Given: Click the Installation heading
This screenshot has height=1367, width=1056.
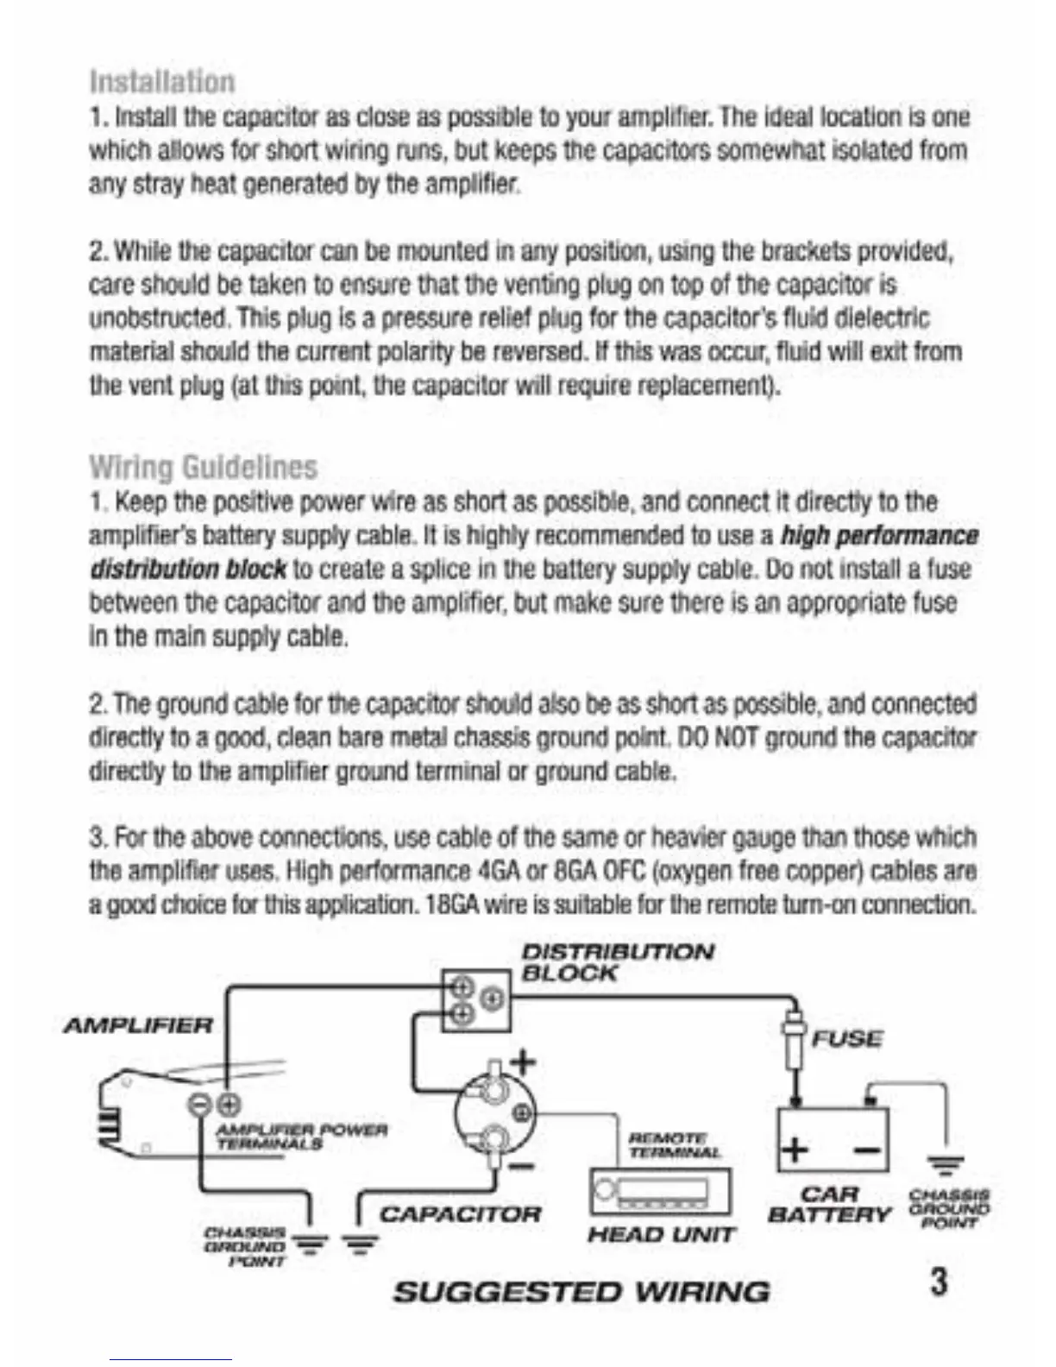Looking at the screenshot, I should [x=161, y=82].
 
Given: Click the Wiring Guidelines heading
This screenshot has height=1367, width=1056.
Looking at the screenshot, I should [x=204, y=467].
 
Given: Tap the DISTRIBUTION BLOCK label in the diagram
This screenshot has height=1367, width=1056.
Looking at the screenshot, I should [x=618, y=962].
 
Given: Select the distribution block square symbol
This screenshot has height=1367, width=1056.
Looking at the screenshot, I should [x=475, y=1000].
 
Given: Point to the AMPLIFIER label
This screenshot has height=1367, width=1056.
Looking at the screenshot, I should [x=138, y=1026].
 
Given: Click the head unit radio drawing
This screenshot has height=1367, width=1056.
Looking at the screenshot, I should [x=661, y=1192].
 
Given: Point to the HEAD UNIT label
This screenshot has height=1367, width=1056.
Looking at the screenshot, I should [x=661, y=1235].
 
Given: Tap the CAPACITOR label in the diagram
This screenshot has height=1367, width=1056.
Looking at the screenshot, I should [x=461, y=1214].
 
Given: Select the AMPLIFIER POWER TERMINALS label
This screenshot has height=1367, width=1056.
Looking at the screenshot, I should [x=301, y=1136].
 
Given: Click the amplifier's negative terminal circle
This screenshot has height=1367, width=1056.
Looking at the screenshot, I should [x=200, y=1103].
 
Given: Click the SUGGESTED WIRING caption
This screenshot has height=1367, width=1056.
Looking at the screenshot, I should [x=581, y=1292].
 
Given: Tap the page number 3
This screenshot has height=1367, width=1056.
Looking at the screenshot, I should [x=939, y=1280].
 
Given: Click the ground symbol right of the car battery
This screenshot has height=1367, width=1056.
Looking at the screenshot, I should [x=947, y=1165].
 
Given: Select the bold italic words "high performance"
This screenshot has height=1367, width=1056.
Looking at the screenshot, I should [x=878, y=536].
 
